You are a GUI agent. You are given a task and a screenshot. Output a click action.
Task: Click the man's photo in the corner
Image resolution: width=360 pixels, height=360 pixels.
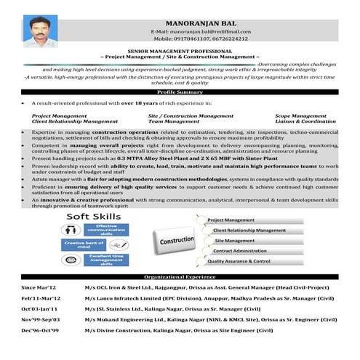pos(40,32)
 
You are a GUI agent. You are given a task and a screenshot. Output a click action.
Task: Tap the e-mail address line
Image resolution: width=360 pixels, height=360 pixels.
pos(200,32)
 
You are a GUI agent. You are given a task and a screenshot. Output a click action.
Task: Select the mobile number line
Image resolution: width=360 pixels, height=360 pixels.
pos(200,39)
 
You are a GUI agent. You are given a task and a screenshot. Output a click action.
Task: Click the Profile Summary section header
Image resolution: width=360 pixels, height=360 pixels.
pos(180,92)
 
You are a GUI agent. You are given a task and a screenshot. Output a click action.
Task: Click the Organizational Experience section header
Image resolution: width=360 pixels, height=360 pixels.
pos(180,277)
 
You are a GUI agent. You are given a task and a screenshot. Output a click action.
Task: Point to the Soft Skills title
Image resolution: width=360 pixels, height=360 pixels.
pos(95,217)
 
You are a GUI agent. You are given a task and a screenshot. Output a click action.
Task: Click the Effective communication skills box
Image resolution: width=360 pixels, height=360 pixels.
pos(107,231)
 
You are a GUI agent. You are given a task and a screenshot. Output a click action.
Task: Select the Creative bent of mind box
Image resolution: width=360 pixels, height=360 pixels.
pos(84,245)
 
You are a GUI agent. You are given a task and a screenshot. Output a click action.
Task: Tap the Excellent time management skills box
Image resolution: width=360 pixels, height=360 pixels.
pos(107,260)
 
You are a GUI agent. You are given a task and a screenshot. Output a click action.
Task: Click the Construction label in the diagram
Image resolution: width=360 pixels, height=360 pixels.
pos(177,240)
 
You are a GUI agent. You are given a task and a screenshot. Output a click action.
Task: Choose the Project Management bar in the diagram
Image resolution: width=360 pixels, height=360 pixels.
pos(231,220)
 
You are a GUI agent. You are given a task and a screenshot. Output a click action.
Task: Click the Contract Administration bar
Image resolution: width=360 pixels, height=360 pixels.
pos(239,251)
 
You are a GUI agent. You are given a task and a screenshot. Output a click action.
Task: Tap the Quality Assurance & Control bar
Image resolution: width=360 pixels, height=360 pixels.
pos(239,261)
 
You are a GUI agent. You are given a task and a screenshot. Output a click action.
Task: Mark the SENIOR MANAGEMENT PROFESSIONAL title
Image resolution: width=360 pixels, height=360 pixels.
pos(180,52)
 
